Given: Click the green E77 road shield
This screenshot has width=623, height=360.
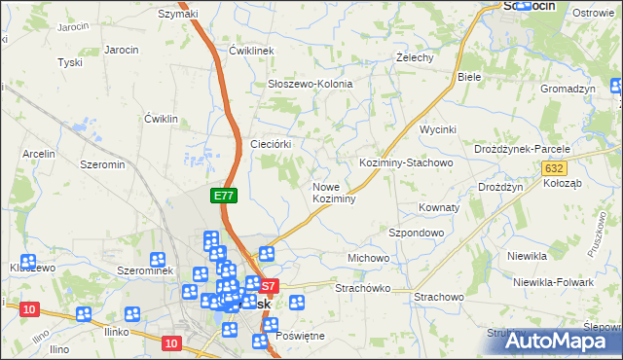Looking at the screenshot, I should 224,196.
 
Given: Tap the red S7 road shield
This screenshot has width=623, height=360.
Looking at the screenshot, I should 270,286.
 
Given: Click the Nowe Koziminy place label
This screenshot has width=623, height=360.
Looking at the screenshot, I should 333,192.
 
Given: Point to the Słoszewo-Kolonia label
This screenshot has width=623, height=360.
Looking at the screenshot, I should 310,85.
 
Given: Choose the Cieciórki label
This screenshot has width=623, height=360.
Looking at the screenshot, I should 273,143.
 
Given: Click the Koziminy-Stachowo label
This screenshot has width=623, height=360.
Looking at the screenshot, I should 406,162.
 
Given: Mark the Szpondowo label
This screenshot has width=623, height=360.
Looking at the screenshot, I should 417,234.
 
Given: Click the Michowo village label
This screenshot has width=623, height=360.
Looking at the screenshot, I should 368,258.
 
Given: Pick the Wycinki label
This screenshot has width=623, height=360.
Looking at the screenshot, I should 438,129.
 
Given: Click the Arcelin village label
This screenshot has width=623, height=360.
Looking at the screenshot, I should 39,154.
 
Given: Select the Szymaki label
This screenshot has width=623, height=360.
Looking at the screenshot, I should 178,14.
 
